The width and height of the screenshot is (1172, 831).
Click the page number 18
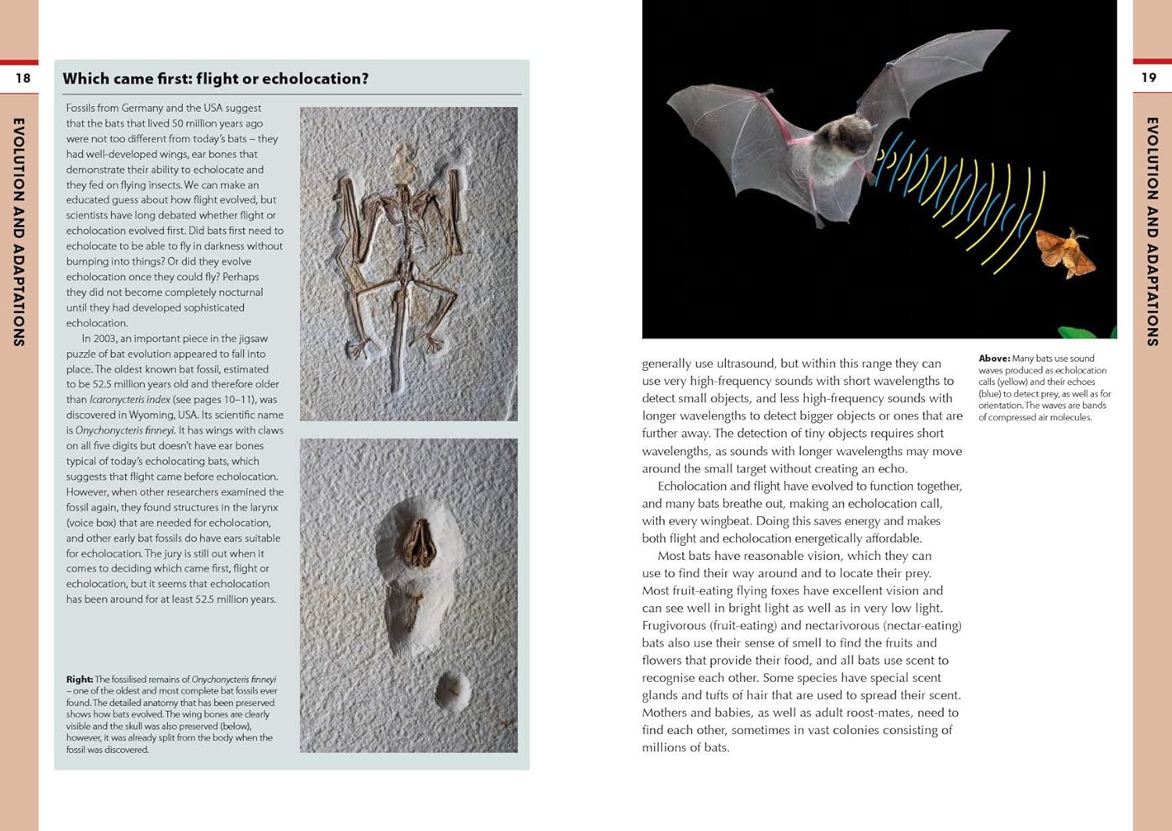23,78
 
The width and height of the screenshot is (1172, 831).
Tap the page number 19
1149,77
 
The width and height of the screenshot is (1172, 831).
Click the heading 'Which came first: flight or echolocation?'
216,79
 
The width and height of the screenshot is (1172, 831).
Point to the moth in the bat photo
1066,251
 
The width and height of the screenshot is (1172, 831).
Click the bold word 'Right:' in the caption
79,679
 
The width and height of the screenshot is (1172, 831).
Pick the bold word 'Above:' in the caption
994,358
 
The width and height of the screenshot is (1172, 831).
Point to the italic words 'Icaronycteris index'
130,400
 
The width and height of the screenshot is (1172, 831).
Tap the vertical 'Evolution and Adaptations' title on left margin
20,231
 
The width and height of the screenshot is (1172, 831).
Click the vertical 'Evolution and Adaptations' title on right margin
1152,231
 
